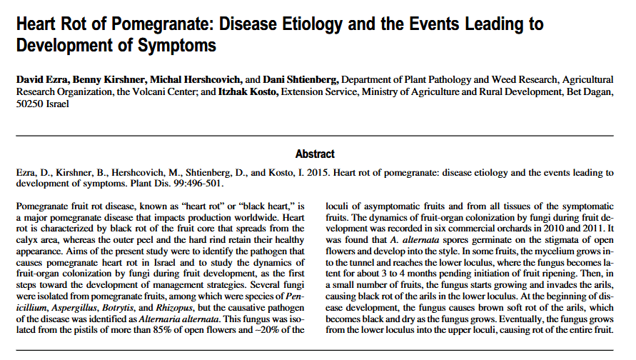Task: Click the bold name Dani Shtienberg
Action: pos(301,78)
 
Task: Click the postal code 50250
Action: pos(31,104)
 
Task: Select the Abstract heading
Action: pos(315,154)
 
